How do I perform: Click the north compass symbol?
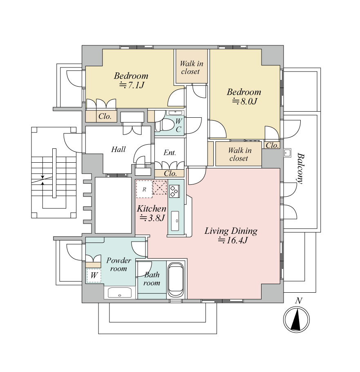pyautogui.click(x=296, y=319)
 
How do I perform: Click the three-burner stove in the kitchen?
pyautogui.click(x=174, y=191)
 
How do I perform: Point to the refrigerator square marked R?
pyautogui.click(x=144, y=189)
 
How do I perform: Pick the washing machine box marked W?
pyautogui.click(x=94, y=275)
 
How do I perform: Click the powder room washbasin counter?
pyautogui.click(x=120, y=293)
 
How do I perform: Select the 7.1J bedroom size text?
pyautogui.click(x=132, y=85)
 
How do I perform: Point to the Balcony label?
pyautogui.click(x=300, y=168)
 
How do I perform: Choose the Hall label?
pyautogui.click(x=119, y=149)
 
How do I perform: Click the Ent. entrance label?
pyautogui.click(x=170, y=152)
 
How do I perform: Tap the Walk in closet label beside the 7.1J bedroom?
pyautogui.click(x=191, y=67)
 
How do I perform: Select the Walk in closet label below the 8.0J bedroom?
pyautogui.click(x=239, y=154)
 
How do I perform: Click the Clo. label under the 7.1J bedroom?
pyautogui.click(x=105, y=116)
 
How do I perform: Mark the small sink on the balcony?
pyautogui.click(x=288, y=153)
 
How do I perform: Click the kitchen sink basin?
pyautogui.click(x=176, y=220)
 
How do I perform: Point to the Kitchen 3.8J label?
pyautogui.click(x=151, y=213)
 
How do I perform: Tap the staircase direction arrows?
pyautogui.click(x=42, y=180)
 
